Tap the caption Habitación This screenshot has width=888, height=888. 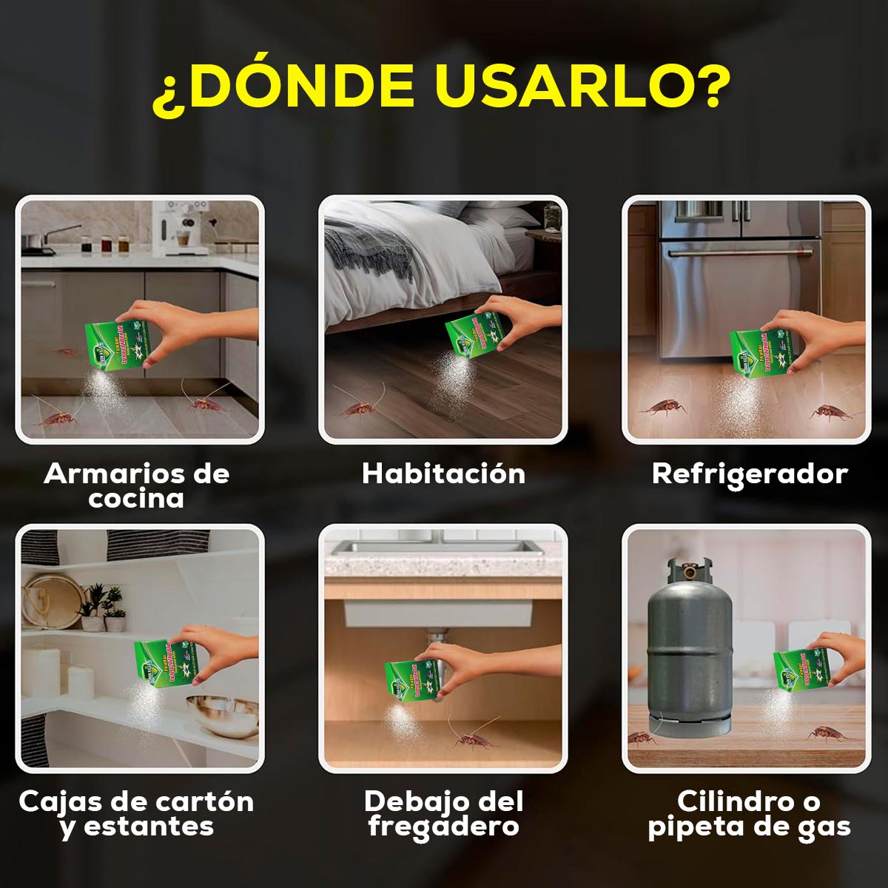[x=443, y=474]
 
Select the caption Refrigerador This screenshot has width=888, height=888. [x=749, y=474]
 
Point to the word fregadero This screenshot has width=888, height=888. [x=443, y=826]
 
